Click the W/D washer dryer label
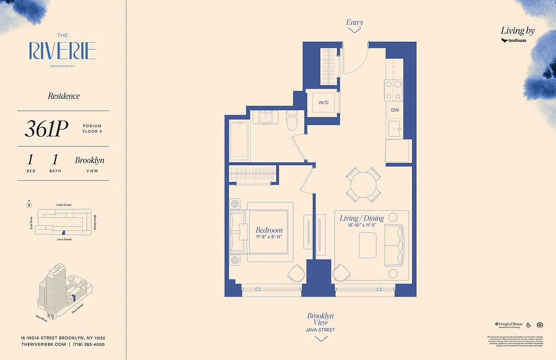tap(323, 103)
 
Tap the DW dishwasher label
tap(395, 110)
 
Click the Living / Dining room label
tap(361, 218)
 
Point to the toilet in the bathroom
tap(292, 118)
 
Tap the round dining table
tap(363, 184)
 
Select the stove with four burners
tap(393, 90)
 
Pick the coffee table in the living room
tap(368, 246)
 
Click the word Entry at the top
tap(354, 22)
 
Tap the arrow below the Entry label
tap(354, 30)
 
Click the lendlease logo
tap(514, 40)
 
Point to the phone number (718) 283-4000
tap(89, 344)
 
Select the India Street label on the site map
tap(63, 205)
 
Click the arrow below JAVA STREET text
tap(320, 339)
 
